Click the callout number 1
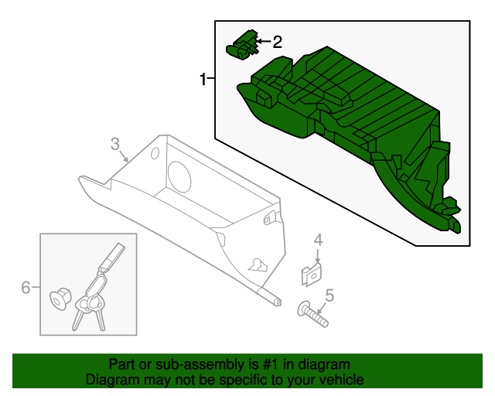point(203,79)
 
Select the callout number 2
point(277,42)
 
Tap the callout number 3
point(114,143)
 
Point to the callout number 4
point(317,241)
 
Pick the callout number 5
point(329,295)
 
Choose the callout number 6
point(26,288)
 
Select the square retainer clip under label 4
point(311,273)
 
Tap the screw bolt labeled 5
point(312,314)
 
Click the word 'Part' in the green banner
point(121,364)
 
